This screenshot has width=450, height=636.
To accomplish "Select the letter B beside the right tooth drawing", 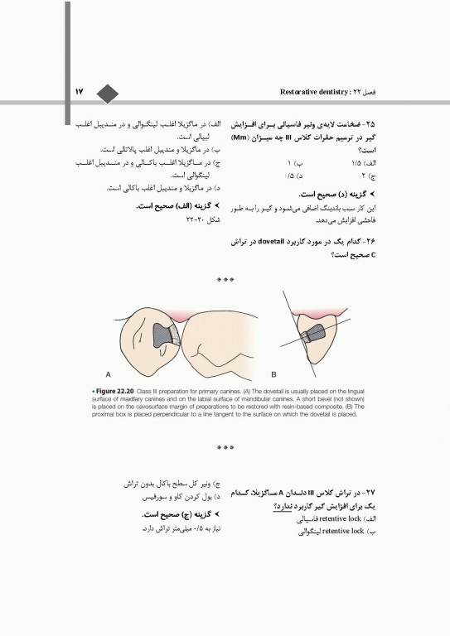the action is (x=273, y=373).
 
